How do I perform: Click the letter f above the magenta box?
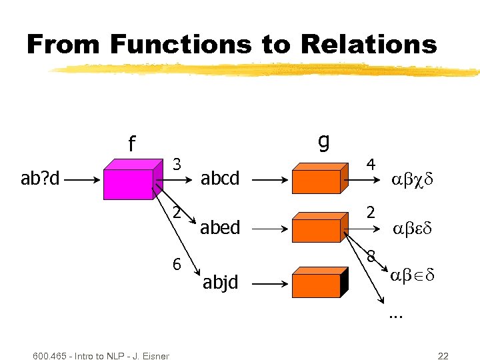point(132,144)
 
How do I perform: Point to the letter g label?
point(323,141)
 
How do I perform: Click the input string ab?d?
point(41,179)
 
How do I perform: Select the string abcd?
point(220,179)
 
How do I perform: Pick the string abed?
point(220,228)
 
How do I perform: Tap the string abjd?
point(219,283)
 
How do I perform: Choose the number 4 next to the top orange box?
point(371,164)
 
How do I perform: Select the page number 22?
point(443,355)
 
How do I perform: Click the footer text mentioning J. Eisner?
point(100,355)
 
